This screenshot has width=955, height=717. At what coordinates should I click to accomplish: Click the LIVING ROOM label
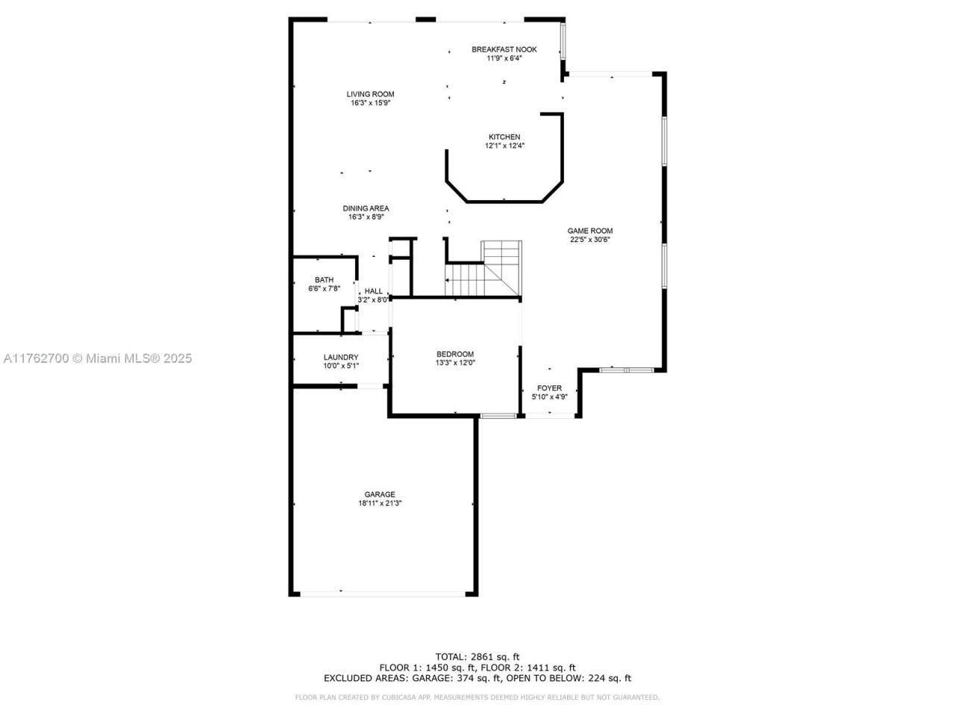pos(370,94)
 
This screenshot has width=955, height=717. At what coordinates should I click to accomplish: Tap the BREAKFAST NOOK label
pos(504,49)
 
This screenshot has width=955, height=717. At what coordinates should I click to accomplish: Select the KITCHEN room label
pos(504,137)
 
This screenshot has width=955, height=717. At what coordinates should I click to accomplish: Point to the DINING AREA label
pos(366,208)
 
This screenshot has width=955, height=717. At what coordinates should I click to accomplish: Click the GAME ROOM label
pos(590,231)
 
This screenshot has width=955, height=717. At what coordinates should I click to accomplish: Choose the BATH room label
pos(324,280)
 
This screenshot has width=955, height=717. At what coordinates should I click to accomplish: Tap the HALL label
pos(373,291)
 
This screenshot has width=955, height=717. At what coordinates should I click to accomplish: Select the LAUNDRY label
pos(341,357)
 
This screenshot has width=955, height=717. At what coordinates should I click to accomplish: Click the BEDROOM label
pos(455,354)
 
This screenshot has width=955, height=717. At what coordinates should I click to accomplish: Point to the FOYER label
pos(550,388)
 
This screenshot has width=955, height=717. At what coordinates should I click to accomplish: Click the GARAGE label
pos(380,494)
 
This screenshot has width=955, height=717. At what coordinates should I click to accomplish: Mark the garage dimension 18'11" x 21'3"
pos(380,503)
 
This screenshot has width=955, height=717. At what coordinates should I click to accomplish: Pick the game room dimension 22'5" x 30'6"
pos(590,240)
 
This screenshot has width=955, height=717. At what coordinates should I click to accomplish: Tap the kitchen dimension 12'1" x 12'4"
pos(504,146)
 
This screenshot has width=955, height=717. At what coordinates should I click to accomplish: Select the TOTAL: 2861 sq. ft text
pos(477,657)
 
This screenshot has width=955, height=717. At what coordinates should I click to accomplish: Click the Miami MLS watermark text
pos(98,358)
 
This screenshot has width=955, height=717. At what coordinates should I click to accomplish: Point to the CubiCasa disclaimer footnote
pos(477,698)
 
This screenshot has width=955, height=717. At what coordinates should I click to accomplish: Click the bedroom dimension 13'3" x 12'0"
pos(455,363)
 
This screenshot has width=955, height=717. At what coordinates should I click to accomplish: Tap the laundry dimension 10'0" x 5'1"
pos(341,366)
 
